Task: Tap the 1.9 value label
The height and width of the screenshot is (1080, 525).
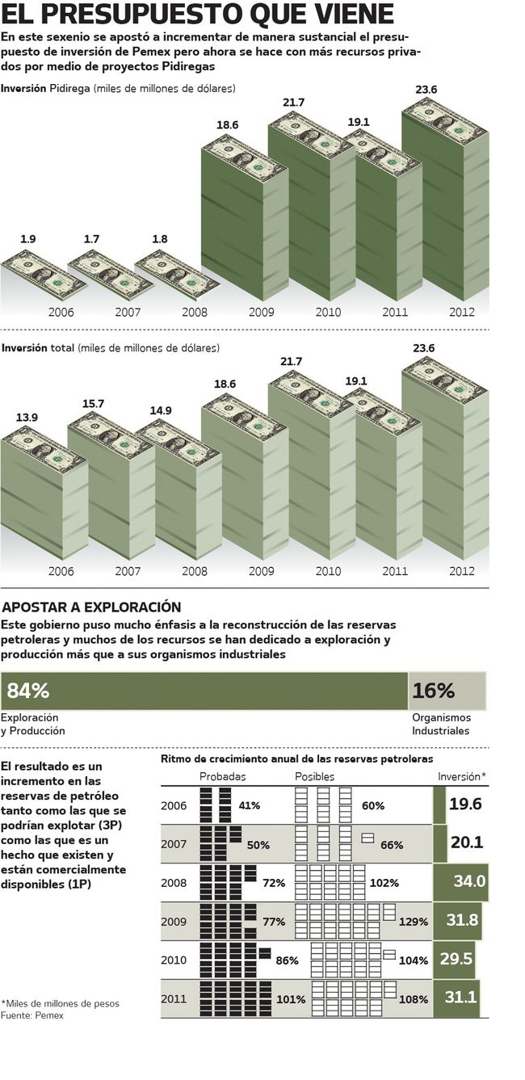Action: (28, 239)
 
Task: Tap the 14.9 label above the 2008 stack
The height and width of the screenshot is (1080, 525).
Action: (161, 410)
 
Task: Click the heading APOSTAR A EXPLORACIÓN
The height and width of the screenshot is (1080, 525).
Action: (93, 607)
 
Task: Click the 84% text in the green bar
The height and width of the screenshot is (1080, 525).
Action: (28, 691)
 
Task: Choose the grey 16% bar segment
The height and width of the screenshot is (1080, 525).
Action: (447, 691)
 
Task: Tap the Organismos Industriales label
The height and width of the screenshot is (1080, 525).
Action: (441, 724)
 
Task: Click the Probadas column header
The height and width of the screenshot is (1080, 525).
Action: (223, 776)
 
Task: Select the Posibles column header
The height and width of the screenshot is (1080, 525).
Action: (314, 776)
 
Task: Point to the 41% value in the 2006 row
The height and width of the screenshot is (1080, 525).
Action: (249, 805)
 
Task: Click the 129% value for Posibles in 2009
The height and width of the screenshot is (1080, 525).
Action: (414, 922)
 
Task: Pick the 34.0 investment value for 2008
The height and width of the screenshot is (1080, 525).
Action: (469, 880)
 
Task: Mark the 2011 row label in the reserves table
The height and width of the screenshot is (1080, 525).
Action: (174, 999)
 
